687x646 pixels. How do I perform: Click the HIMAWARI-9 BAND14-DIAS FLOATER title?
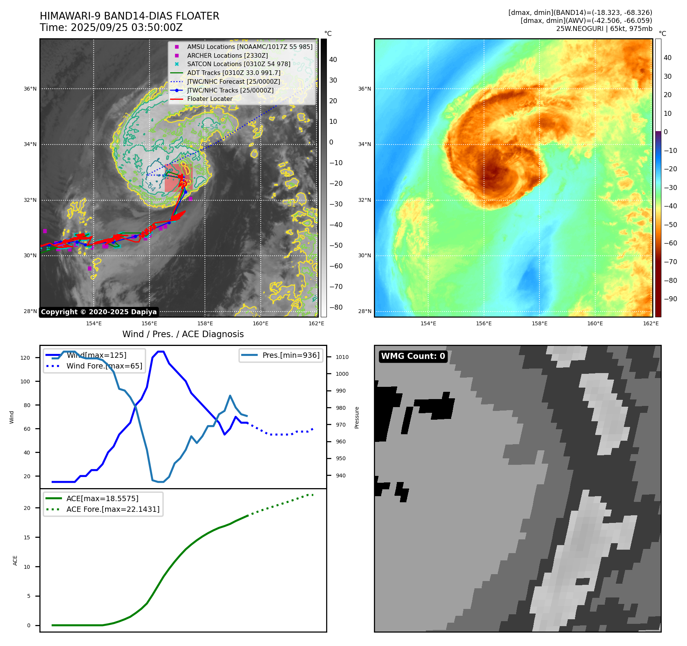point(129,16)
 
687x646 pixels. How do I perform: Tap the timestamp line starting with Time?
point(111,28)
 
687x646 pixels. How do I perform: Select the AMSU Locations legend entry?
point(249,47)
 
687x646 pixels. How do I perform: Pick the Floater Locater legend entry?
point(210,99)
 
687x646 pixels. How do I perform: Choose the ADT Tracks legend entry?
point(234,73)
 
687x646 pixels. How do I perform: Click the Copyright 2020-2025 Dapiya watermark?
point(99,312)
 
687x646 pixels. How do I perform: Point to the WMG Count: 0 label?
point(413,356)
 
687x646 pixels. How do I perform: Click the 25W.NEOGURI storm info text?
point(604,29)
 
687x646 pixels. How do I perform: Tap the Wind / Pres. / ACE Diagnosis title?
point(183,334)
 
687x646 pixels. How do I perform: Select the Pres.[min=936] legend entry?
point(291,355)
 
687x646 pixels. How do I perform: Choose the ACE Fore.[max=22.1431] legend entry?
point(113,509)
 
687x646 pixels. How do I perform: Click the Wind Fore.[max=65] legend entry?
point(104,366)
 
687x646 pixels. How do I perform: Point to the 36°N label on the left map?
point(30,89)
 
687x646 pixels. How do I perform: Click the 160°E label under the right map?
point(595,323)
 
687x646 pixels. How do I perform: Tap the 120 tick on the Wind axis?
point(25,358)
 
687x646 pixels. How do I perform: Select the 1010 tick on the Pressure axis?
point(342,357)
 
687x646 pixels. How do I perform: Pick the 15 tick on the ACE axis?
point(27,537)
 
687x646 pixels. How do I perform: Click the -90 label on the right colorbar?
point(670,299)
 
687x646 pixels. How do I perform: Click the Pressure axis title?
point(357,417)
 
